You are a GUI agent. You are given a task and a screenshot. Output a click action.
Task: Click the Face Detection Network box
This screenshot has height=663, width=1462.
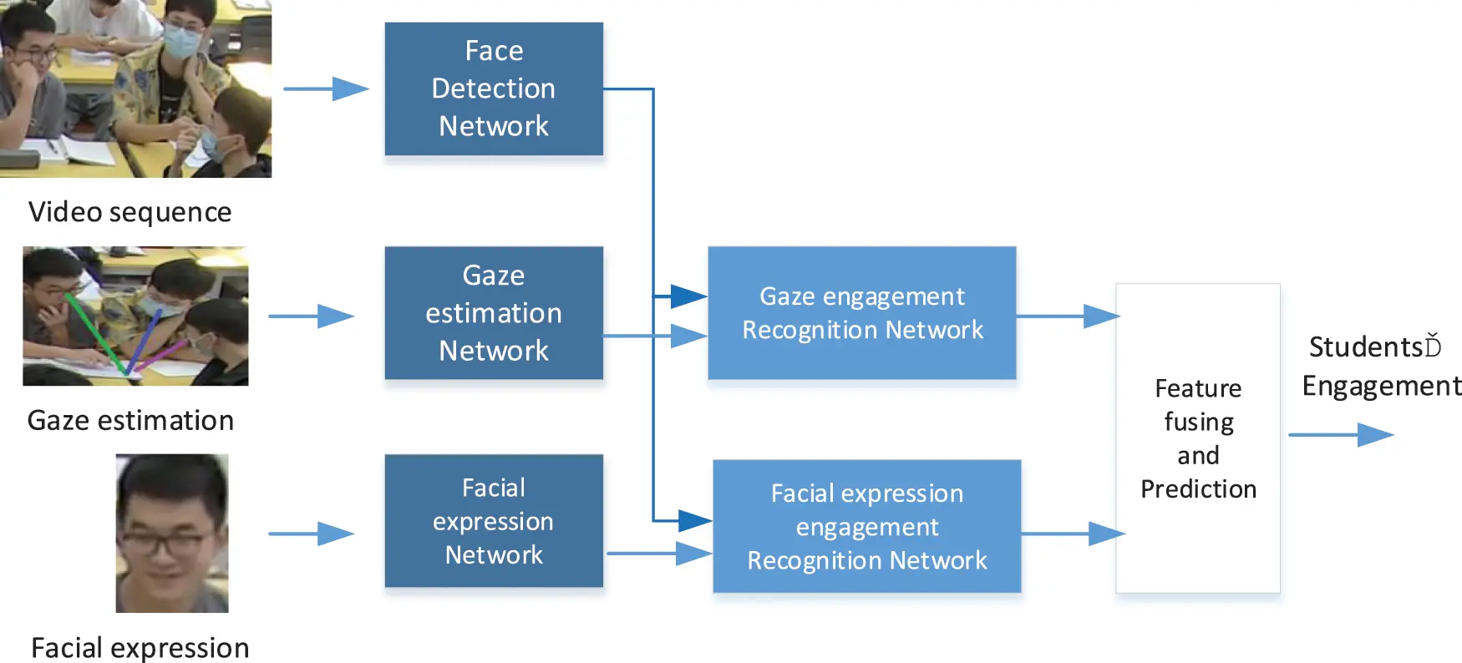tap(493, 89)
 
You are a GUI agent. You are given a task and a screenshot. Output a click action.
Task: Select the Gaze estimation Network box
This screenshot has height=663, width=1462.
tap(493, 313)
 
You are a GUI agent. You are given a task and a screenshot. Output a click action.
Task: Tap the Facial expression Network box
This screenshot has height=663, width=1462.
tap(493, 521)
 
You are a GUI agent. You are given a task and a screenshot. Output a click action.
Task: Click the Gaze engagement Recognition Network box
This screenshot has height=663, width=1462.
tap(861, 313)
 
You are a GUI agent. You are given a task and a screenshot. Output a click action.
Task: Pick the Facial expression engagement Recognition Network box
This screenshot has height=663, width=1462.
tap(866, 527)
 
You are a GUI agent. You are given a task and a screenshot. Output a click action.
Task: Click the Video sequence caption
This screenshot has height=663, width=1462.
tap(129, 212)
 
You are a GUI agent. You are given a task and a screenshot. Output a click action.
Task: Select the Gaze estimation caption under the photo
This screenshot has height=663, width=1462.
tap(130, 420)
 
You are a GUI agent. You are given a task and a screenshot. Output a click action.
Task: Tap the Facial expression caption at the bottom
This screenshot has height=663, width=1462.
tap(140, 648)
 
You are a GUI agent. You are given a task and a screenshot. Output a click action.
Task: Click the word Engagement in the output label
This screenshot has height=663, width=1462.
tap(1381, 386)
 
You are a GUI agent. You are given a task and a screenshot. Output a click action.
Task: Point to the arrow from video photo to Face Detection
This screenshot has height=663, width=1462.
tap(326, 89)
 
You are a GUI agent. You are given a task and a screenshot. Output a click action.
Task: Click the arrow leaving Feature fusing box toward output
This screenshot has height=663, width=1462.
tap(1340, 435)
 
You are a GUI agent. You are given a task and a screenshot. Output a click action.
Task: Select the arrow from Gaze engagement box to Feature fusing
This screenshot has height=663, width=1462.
tap(1067, 316)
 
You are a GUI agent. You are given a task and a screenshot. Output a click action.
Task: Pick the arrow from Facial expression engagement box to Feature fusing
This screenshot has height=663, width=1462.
tap(1072, 534)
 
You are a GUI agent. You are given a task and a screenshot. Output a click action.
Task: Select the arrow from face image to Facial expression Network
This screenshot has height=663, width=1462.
tap(311, 534)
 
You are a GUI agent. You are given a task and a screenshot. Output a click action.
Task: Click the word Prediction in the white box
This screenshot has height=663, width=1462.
tap(1198, 489)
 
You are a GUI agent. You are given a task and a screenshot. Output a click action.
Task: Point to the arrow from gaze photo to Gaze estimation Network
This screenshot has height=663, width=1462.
tap(311, 316)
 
